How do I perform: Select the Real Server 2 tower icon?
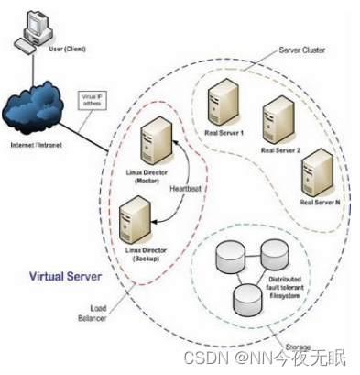tap(278, 120)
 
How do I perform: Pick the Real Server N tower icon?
tap(317, 171)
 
